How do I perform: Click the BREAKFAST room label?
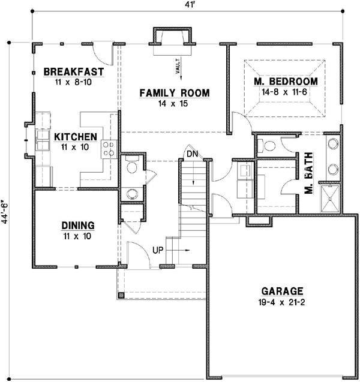click(74, 72)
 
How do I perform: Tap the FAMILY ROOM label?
click(175, 92)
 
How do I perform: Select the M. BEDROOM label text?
click(285, 82)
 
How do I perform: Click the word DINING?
click(78, 225)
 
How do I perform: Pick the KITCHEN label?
click(76, 137)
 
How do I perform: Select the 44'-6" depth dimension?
click(7, 211)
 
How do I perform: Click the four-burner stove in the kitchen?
click(109, 148)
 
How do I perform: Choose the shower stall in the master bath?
click(331, 197)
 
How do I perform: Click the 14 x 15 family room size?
click(174, 103)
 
